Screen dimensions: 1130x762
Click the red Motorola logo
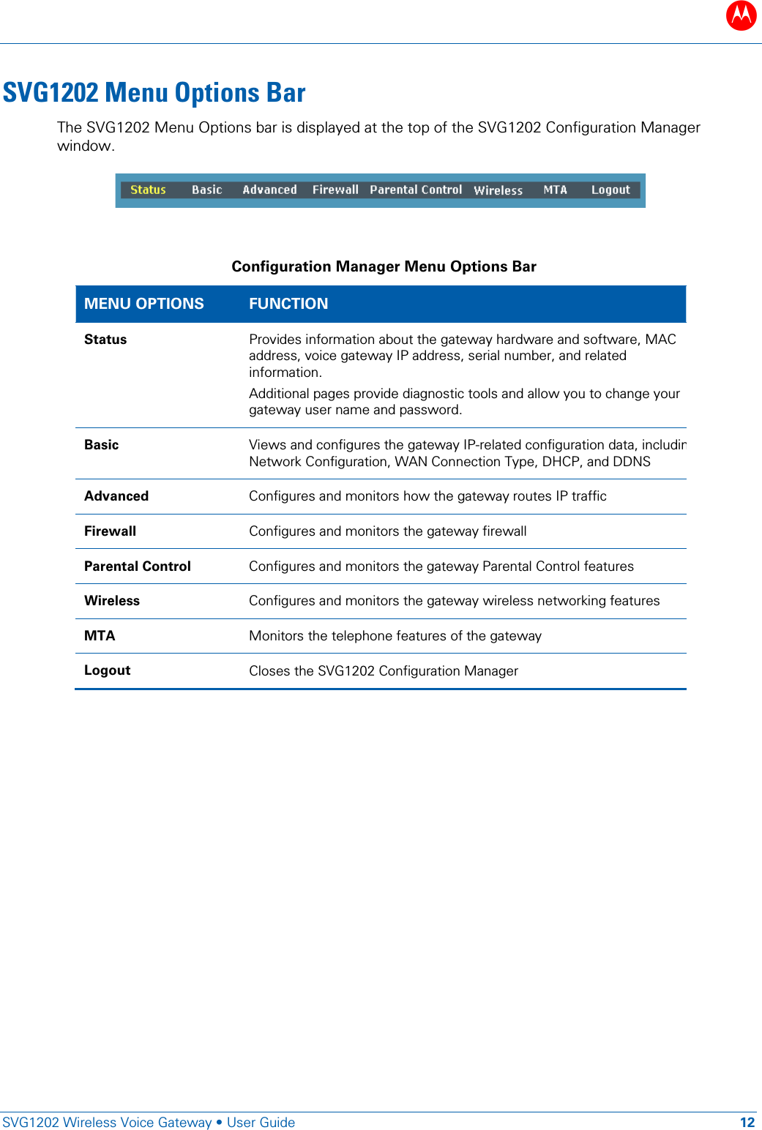[741, 15]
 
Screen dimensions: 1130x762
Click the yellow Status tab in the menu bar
[148, 190]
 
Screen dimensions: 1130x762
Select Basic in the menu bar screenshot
[206, 190]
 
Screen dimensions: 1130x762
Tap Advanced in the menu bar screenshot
[269, 190]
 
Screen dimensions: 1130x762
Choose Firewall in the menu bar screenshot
[335, 190]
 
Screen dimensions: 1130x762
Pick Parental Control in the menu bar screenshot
[416, 190]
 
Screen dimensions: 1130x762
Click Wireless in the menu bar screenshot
[498, 190]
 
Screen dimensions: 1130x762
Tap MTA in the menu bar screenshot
[555, 190]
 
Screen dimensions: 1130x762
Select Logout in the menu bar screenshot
[610, 190]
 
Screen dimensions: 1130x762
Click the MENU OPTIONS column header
[143, 304]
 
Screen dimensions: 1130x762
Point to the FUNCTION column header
[288, 304]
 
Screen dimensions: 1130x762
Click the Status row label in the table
[105, 340]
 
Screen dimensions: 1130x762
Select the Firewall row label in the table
[110, 531]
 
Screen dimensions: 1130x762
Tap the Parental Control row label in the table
[137, 566]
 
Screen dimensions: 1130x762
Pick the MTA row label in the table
[100, 636]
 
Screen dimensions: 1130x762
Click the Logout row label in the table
[107, 670]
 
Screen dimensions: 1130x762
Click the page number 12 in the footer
[747, 1122]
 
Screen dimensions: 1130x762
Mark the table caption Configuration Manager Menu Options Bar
[384, 266]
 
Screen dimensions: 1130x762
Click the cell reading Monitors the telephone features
[395, 636]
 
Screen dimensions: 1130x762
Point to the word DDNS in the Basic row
[632, 462]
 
